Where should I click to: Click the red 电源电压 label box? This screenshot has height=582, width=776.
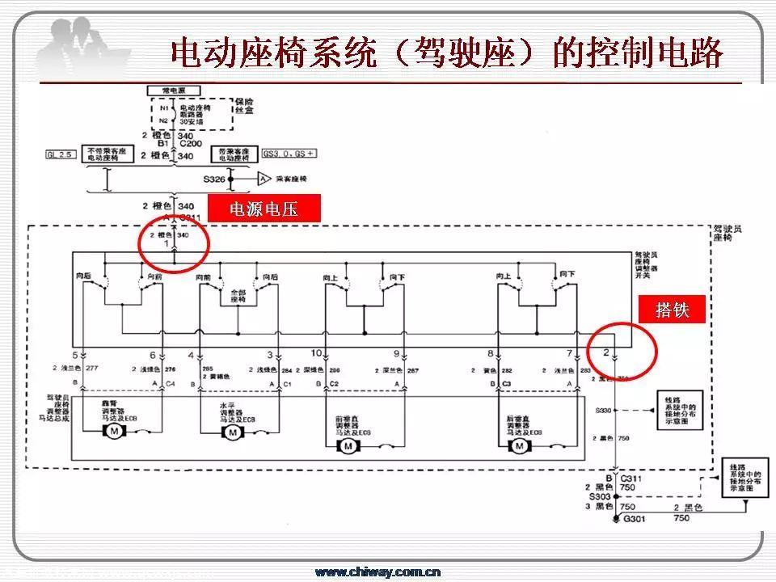pos(264,209)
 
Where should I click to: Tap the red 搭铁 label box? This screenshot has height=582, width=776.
pos(673,310)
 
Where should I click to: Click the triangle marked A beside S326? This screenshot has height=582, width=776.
pos(263,178)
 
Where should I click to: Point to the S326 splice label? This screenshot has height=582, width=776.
pos(214,179)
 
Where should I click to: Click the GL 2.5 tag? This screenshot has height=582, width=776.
pos(61,153)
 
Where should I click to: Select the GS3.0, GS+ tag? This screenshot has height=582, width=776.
pos(289,153)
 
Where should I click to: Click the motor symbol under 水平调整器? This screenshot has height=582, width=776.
pos(233,433)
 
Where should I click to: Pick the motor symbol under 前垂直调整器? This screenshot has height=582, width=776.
pos(348,445)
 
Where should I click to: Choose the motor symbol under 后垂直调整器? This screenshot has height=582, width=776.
pos(513,445)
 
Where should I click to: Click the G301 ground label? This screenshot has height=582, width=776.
pos(635,518)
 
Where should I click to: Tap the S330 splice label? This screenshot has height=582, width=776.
pos(603,411)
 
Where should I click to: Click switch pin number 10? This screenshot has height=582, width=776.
pos(317,353)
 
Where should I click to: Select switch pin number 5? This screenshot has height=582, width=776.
pos(74,355)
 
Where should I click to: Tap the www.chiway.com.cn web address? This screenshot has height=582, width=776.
pos(377,572)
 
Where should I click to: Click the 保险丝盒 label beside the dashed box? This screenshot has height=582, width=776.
pos(243,108)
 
